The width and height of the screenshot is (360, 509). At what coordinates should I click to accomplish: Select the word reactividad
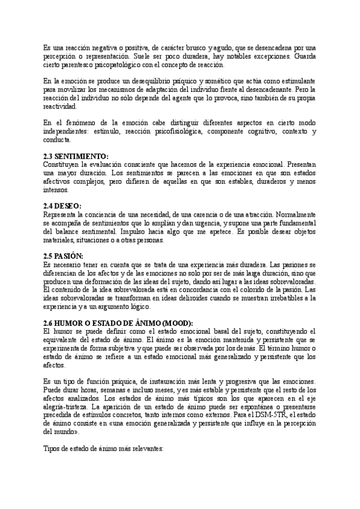pyautogui.click(x=61, y=106)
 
